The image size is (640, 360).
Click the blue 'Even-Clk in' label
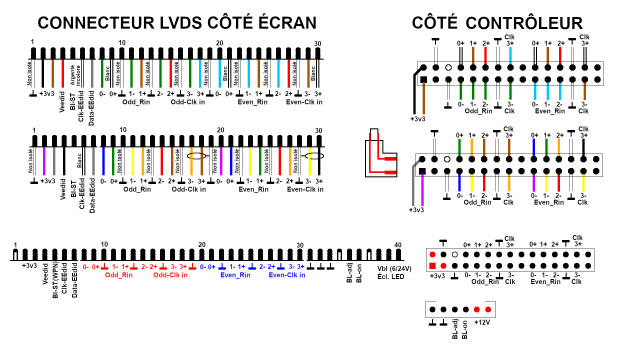point(284,275)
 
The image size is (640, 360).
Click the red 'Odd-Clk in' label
point(170,275)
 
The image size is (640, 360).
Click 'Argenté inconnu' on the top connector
point(74,72)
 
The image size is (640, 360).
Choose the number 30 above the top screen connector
point(317,43)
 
